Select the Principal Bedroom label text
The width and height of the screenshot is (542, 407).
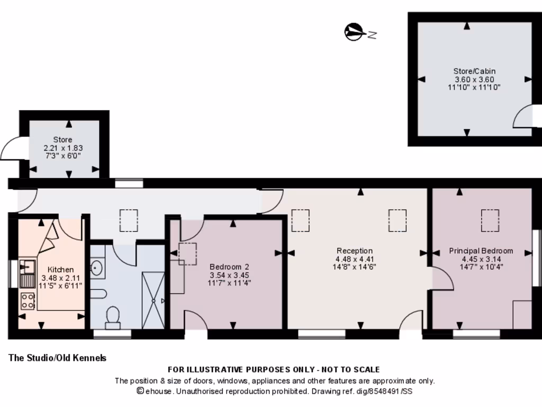click(x=481, y=251)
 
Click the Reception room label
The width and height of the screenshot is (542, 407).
click(x=354, y=251)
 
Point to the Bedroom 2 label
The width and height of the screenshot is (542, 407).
click(x=229, y=267)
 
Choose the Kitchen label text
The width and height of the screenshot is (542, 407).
click(x=61, y=270)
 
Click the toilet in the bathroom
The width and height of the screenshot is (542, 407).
click(x=112, y=316)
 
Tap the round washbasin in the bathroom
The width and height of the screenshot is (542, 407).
click(x=96, y=268)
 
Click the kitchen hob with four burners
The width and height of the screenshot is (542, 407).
click(x=28, y=301)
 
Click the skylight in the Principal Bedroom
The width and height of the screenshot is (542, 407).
click(x=489, y=220)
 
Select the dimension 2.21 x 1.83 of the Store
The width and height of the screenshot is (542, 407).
click(x=62, y=148)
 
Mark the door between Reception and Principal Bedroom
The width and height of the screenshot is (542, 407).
click(x=442, y=279)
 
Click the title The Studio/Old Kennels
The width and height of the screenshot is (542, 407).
click(x=57, y=358)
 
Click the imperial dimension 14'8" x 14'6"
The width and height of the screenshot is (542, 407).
click(x=354, y=267)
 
